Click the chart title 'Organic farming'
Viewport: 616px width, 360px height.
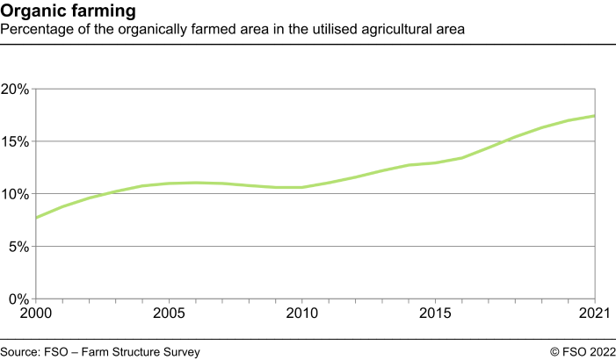(69, 11)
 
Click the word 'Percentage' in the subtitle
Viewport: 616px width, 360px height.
(35, 29)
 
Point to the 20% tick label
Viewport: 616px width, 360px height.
(15, 89)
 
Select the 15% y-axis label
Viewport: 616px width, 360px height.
(15, 141)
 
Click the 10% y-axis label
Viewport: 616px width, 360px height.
(15, 194)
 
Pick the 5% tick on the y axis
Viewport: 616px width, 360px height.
(18, 247)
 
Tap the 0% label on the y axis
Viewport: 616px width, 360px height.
(18, 299)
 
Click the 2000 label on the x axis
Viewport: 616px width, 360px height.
(36, 313)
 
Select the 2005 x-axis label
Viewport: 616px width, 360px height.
(169, 313)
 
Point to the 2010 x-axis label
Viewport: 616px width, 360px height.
(302, 313)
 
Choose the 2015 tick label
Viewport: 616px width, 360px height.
(436, 313)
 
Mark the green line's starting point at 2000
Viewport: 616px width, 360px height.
(36, 217)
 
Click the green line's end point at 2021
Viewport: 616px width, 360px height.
(596, 116)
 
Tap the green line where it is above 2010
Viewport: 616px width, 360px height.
(302, 187)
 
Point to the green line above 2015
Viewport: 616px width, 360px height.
(436, 162)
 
